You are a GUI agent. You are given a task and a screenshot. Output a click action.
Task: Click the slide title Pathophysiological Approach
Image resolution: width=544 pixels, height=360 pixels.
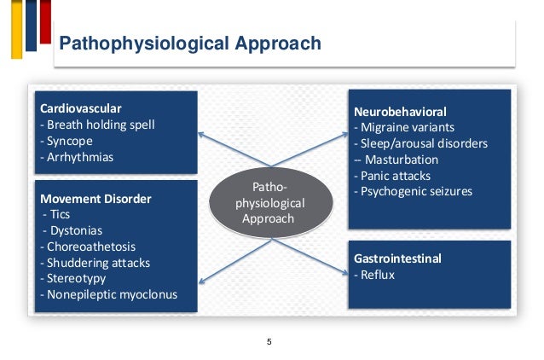pos(188,44)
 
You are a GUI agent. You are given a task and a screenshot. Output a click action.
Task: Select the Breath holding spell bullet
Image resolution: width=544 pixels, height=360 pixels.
pos(98,125)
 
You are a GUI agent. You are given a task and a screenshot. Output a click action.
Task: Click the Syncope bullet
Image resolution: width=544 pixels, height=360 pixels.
pos(67,142)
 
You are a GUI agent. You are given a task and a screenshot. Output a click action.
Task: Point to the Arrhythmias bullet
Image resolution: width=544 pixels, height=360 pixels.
pos(77,158)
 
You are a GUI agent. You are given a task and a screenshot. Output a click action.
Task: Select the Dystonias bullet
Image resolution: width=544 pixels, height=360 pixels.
pos(70,231)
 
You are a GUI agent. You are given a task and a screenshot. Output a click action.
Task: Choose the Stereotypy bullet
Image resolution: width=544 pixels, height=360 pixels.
pos(73,280)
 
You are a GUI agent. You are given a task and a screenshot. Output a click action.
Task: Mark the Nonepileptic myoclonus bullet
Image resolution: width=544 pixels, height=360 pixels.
pos(108,296)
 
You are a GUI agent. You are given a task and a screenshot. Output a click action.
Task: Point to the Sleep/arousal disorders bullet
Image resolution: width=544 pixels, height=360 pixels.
pos(420,143)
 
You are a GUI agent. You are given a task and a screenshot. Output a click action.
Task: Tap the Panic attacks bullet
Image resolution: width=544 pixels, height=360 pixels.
pos(396,176)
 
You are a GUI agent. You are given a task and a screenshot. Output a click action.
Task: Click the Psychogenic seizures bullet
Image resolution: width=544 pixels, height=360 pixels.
pos(413,192)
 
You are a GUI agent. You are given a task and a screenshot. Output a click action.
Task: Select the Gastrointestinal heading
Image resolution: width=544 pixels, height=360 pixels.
pos(398,257)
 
